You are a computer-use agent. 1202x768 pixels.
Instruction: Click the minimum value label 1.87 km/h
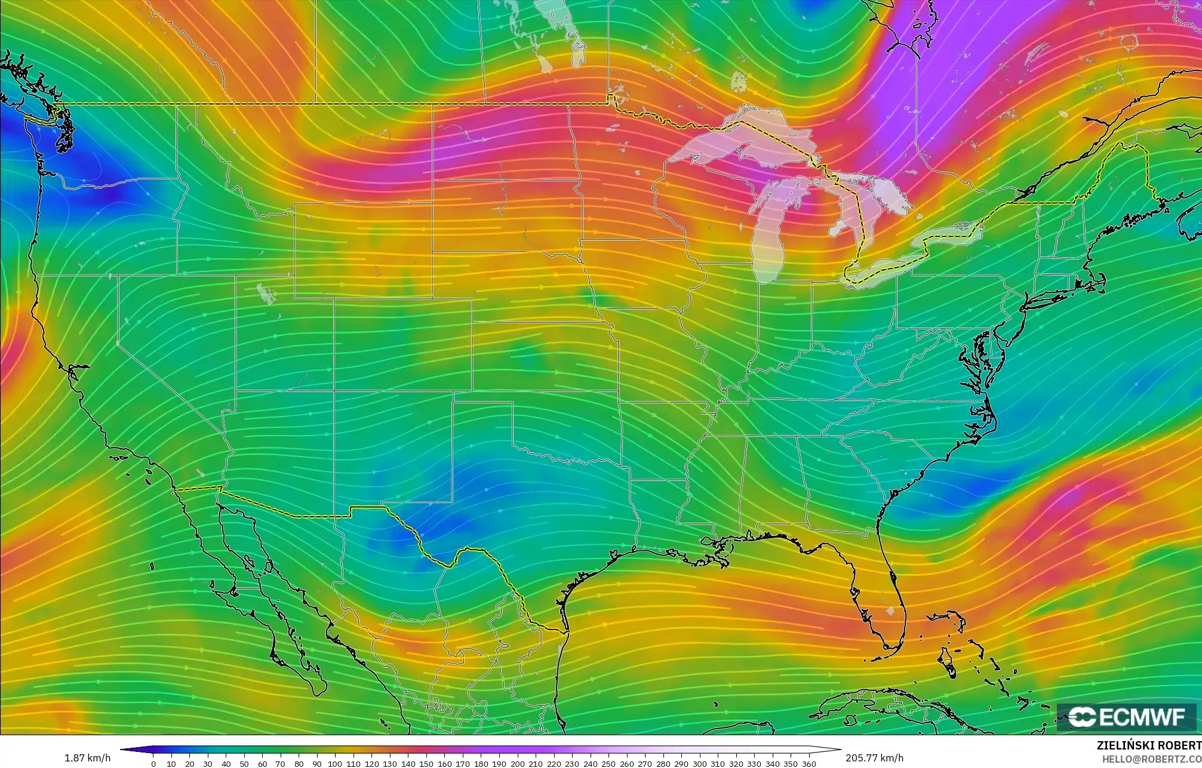(x=87, y=758)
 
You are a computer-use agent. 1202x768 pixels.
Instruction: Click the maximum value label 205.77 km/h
(x=874, y=758)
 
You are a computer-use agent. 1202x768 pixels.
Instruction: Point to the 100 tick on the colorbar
(x=335, y=764)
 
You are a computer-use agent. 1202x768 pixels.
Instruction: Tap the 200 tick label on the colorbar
(x=518, y=764)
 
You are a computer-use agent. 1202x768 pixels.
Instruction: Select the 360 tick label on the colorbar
(x=808, y=764)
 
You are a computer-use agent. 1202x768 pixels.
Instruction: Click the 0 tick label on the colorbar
(x=153, y=764)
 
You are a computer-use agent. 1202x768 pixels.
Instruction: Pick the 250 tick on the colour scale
(x=608, y=764)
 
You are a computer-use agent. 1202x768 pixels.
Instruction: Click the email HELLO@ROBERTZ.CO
(x=1151, y=759)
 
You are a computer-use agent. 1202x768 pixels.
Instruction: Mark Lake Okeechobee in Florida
(x=890, y=612)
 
